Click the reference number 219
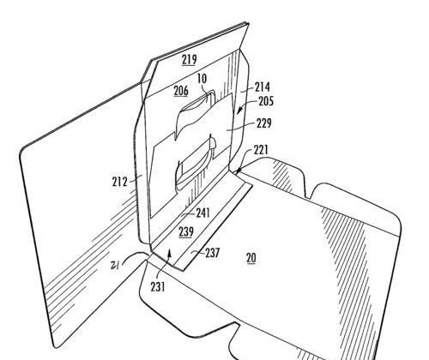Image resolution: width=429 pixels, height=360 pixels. point(190,59)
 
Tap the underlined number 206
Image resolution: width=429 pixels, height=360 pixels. point(181,91)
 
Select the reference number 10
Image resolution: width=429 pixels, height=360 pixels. point(202,79)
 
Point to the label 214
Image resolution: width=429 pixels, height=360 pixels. point(263,87)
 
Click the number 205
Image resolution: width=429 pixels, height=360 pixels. point(266,101)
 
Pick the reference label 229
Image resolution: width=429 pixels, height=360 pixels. point(263,123)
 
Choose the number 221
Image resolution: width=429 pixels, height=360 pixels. point(261,150)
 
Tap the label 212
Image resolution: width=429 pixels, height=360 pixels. point(119,182)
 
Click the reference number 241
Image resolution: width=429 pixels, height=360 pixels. point(202,213)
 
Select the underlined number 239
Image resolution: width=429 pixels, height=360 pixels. point(186,231)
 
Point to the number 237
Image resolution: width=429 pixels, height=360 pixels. point(213,253)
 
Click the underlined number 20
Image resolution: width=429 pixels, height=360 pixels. point(251,258)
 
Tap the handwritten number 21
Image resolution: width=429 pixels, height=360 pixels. point(115,266)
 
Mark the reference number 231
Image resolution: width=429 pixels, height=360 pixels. point(158,287)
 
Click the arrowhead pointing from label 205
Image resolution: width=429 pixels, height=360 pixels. point(239,111)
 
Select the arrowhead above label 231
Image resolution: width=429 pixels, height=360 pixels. point(170,252)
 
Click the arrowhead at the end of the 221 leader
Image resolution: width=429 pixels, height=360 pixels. point(238,171)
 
